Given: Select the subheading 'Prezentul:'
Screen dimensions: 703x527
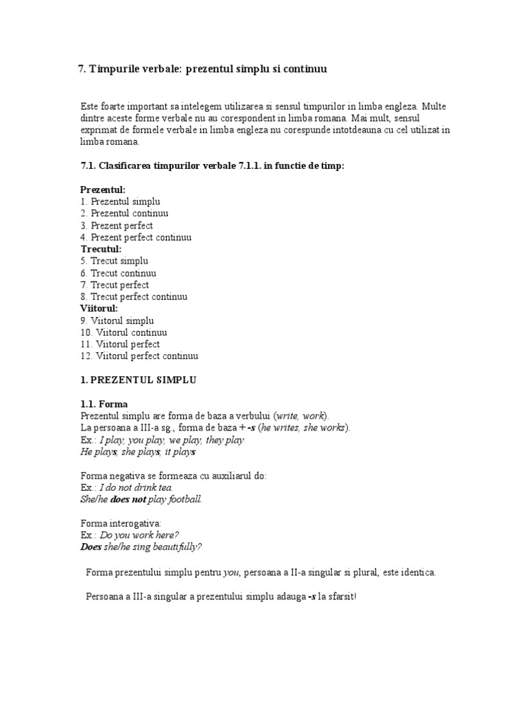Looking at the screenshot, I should click(x=103, y=189).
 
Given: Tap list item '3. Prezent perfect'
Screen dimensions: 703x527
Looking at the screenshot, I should click(x=117, y=225).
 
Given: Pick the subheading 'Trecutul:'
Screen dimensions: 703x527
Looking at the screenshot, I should click(x=101, y=249).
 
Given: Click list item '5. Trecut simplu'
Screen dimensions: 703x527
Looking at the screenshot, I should click(x=115, y=261).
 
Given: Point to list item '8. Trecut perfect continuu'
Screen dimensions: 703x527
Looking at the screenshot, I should click(x=134, y=297).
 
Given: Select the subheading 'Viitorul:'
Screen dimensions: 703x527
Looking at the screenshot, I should click(x=99, y=308).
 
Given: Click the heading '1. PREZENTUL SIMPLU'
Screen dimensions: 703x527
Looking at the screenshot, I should click(x=139, y=380).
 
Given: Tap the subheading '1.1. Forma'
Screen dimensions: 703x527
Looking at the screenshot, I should click(x=104, y=404).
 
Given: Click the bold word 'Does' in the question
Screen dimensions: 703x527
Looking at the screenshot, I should click(x=90, y=546).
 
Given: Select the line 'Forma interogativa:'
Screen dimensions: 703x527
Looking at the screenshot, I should click(x=120, y=523).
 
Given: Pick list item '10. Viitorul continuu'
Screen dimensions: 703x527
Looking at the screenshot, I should click(x=124, y=332).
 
